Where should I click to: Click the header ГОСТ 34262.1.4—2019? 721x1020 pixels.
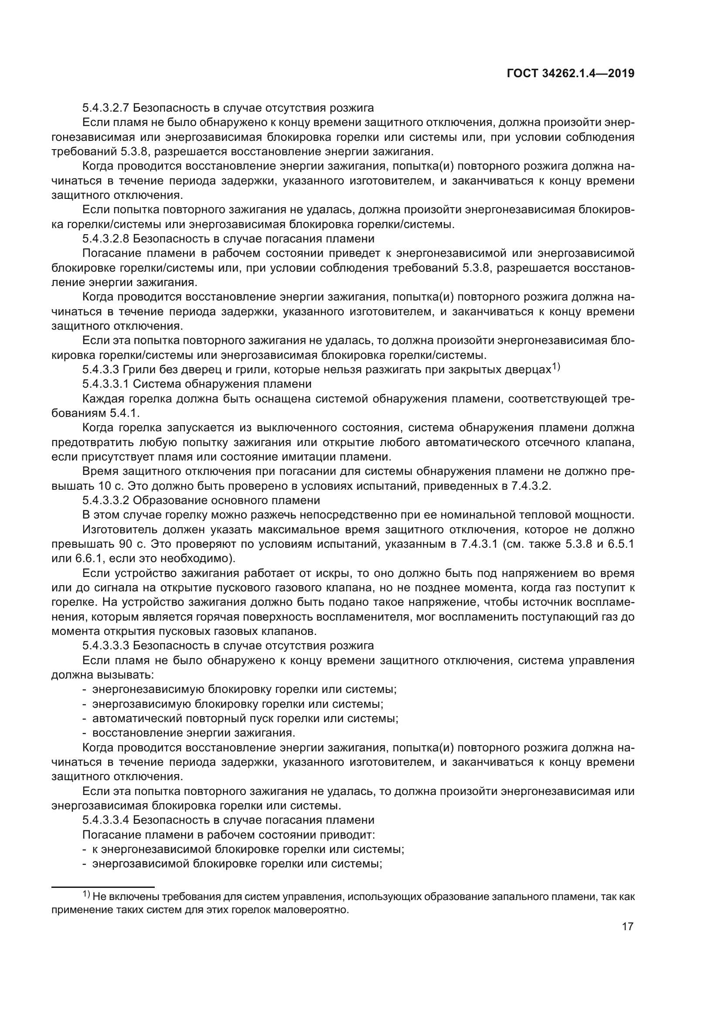(x=570, y=73)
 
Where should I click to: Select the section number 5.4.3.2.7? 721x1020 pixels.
(x=105, y=108)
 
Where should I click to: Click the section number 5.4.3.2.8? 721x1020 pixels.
(x=105, y=239)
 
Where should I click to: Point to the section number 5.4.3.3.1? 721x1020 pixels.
(x=105, y=384)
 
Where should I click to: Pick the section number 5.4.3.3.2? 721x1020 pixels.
(x=105, y=500)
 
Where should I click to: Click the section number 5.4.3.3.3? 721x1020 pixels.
(x=105, y=645)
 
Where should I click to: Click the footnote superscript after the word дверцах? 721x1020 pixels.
(x=556, y=366)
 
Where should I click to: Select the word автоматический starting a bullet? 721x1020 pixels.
(x=136, y=718)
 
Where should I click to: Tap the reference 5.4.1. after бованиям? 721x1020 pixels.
(x=125, y=413)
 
